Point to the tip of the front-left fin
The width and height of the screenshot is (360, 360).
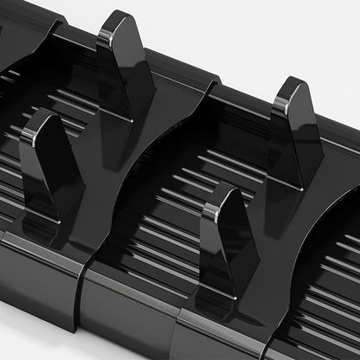(40, 114)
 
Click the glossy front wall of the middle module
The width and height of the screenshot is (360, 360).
(138, 316)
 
